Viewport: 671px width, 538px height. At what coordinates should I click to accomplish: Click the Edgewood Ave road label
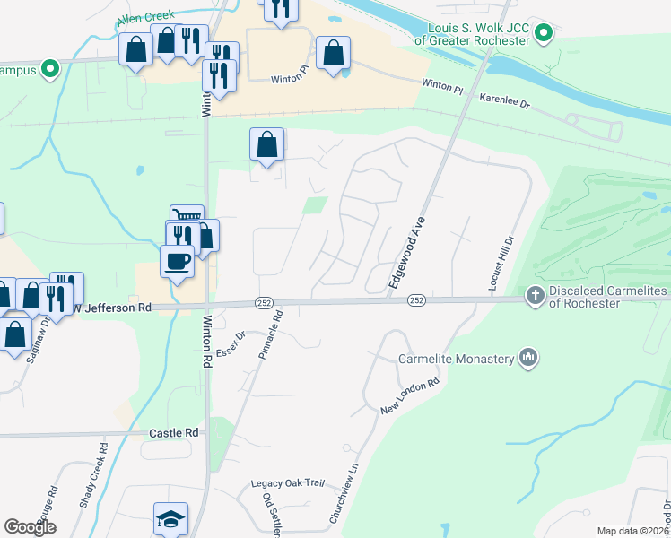(406, 255)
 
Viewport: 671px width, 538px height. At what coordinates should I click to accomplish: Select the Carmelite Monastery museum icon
(528, 359)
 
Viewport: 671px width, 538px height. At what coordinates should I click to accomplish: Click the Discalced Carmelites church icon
(535, 296)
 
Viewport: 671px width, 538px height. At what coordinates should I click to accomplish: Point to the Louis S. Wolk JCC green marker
(543, 35)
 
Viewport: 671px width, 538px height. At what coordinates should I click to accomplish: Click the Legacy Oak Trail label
(287, 482)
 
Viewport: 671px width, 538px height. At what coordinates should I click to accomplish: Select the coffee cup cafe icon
(176, 262)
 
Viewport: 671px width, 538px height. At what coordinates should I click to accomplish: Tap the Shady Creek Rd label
(94, 476)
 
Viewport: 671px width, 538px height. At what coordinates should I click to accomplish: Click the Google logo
(30, 527)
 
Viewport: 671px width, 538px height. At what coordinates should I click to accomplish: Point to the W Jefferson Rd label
(110, 308)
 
